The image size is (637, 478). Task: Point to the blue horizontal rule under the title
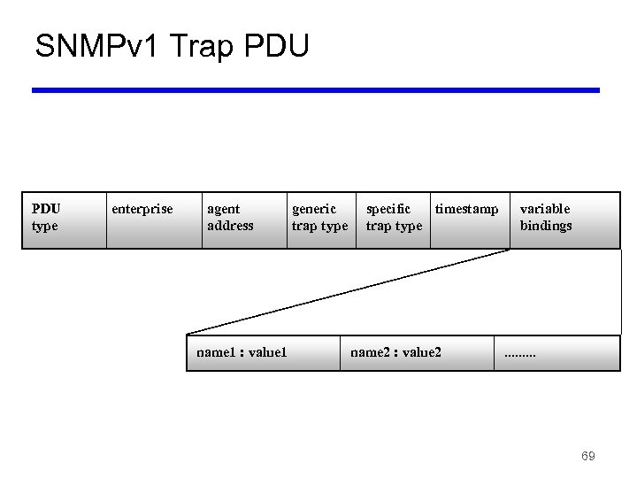[316, 90]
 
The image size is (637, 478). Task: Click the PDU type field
[46, 218]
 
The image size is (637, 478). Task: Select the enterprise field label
[142, 209]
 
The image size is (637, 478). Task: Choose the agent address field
[230, 218]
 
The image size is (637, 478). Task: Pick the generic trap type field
[319, 218]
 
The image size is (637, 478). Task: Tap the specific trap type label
[394, 218]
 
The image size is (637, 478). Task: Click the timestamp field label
[466, 209]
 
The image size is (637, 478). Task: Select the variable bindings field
[546, 218]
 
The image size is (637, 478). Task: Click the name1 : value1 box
[242, 352]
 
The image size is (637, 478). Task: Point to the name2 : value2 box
[395, 352]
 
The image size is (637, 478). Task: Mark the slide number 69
[587, 456]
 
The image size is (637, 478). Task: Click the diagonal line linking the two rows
[349, 292]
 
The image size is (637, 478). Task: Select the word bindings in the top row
[546, 226]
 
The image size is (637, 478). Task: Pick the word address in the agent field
[230, 226]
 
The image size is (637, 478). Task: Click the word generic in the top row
[314, 209]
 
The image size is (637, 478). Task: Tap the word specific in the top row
[388, 209]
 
